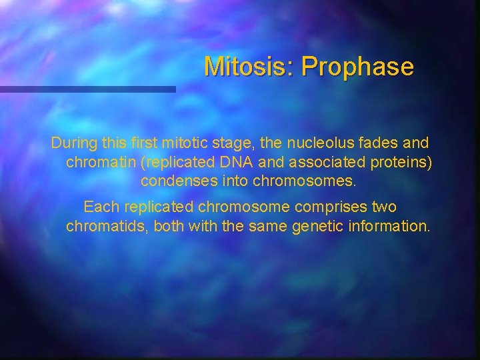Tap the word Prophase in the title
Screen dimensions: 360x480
(357, 67)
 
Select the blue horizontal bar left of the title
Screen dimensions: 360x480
(87, 89)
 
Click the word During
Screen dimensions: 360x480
(75, 143)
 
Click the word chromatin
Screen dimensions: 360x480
(97, 162)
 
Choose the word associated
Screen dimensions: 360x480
(319, 162)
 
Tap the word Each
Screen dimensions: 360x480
(99, 207)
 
